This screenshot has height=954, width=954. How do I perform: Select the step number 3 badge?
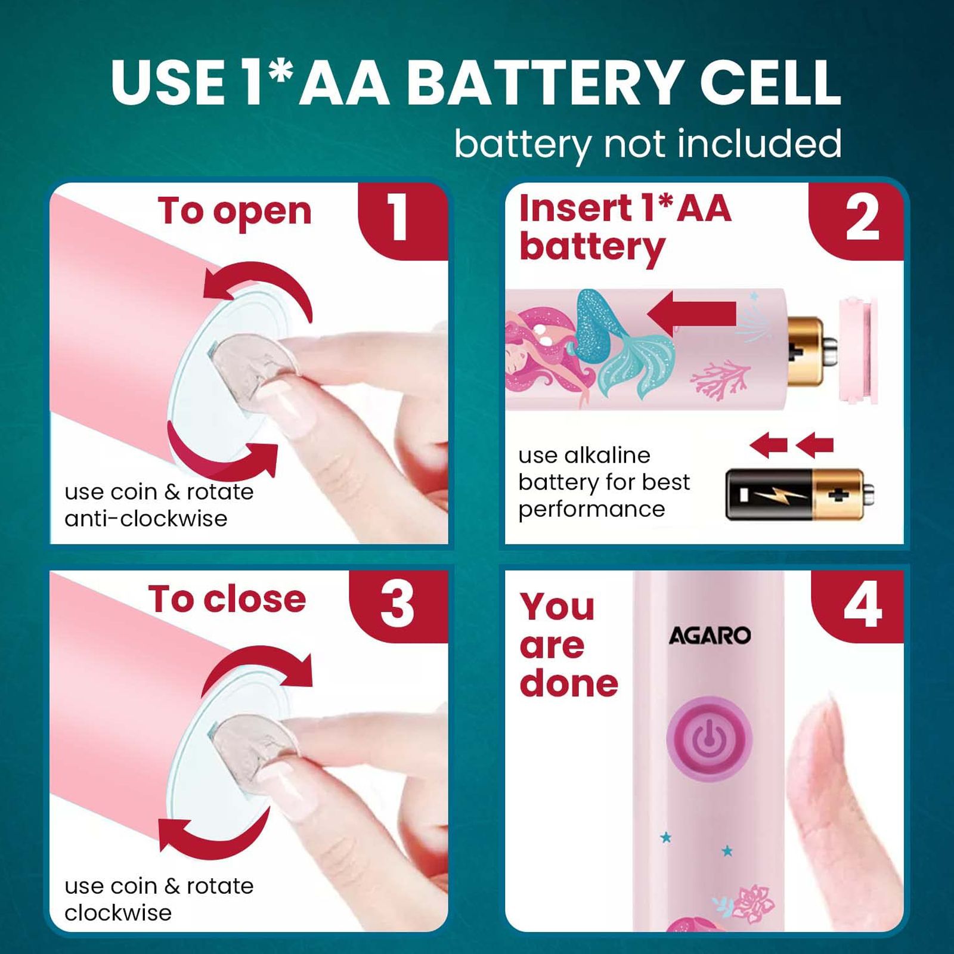coord(398,605)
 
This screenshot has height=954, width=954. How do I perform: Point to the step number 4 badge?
coord(859,605)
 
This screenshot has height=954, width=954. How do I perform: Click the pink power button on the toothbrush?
coord(709,739)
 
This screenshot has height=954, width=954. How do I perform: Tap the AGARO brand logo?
coord(710,636)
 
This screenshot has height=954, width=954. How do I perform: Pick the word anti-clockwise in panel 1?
coord(146,519)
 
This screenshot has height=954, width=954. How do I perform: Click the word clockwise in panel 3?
coord(118,913)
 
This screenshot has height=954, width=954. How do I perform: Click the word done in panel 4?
coord(569,683)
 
